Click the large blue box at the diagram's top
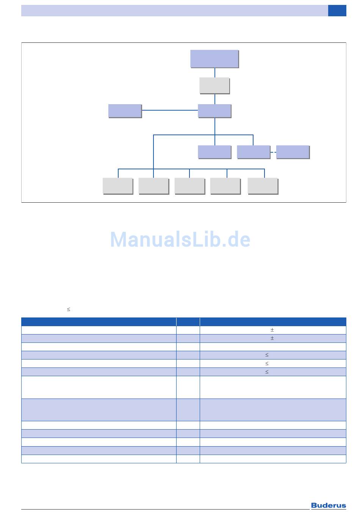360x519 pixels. pos(214,59)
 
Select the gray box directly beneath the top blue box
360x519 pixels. pos(214,85)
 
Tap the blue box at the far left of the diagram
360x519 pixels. pos(125,111)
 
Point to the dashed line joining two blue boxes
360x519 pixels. pos(273,152)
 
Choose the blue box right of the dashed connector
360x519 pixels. pos(293,152)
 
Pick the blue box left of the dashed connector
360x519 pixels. pos(253,152)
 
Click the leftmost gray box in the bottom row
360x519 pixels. pos(117,186)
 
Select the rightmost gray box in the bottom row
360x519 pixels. pos(263,186)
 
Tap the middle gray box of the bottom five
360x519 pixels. pos(189,186)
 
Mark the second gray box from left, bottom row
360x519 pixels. pos(153,186)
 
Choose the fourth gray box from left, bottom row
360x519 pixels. pos(225,186)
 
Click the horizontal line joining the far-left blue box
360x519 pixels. pos(170,110)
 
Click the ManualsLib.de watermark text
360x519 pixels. pos(180,239)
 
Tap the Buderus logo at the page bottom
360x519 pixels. pos(328,505)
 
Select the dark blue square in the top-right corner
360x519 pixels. pos(337,11)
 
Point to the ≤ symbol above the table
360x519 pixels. pos(69,310)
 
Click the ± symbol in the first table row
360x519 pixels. pos(272,330)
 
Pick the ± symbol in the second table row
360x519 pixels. pos(272,338)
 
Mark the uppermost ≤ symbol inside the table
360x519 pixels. pos(267,355)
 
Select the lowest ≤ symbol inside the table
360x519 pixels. pos(267,372)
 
